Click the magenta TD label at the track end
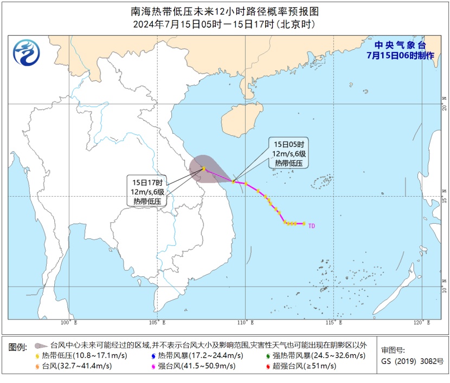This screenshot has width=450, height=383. tap(312, 226)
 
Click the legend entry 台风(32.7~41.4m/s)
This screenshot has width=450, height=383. tap(76, 366)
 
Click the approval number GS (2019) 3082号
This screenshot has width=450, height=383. tap(412, 361)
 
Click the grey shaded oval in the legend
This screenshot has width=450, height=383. tap(40, 345)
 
